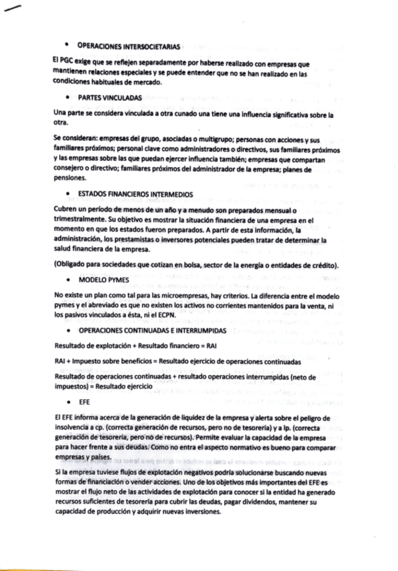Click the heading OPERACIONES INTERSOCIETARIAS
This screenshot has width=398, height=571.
click(128, 46)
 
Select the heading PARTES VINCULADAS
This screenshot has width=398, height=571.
click(105, 98)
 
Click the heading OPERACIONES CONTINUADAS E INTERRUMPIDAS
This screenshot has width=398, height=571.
click(152, 331)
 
